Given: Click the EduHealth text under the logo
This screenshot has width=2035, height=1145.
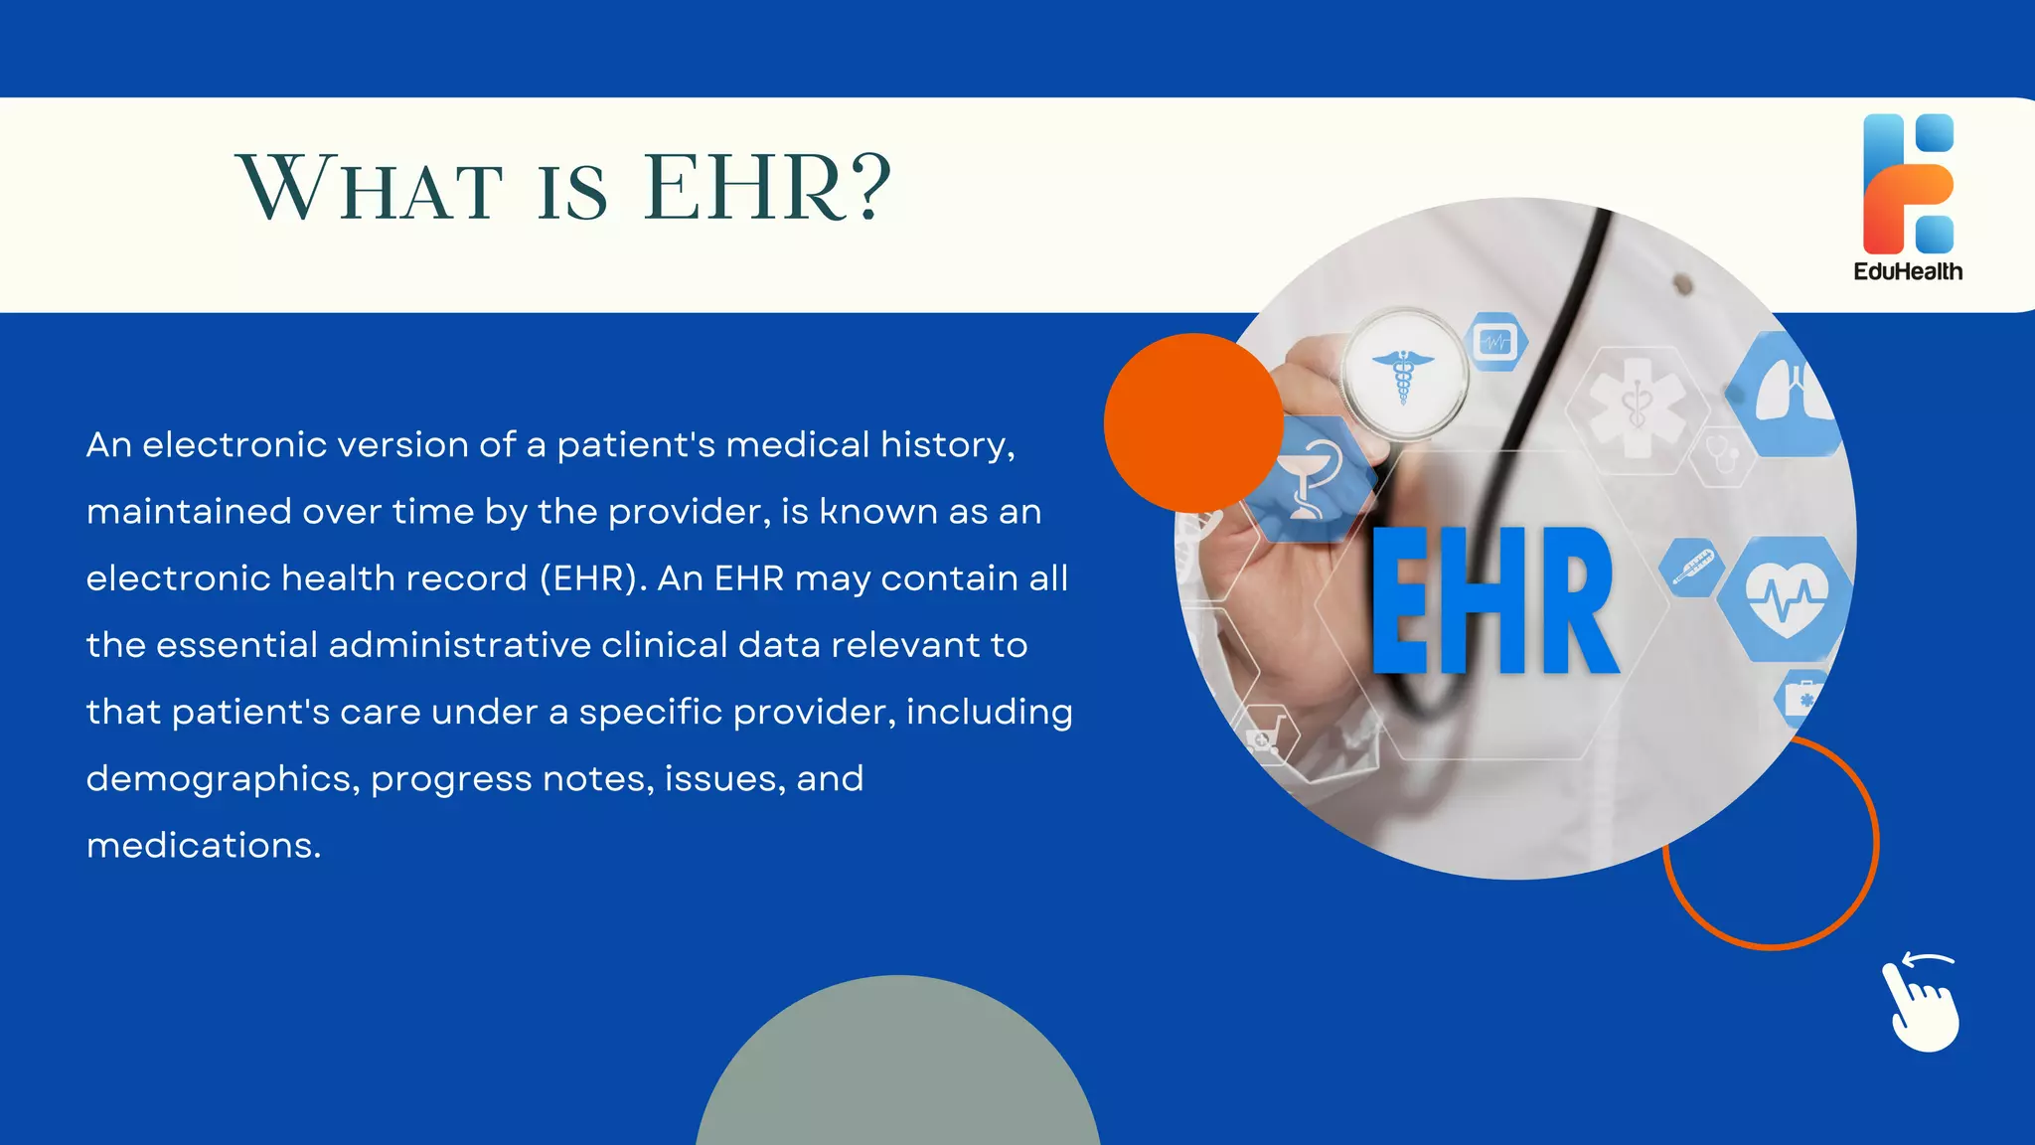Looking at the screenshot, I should [1908, 271].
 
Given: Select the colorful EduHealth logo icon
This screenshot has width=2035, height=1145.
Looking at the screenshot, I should [1908, 184].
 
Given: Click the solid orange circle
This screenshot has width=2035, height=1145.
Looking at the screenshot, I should [1192, 422].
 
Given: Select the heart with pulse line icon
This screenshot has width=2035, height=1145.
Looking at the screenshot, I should [1786, 598].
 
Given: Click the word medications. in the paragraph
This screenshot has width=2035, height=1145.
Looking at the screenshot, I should [204, 845].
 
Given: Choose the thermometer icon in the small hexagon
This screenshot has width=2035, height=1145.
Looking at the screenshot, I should [1691, 568].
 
